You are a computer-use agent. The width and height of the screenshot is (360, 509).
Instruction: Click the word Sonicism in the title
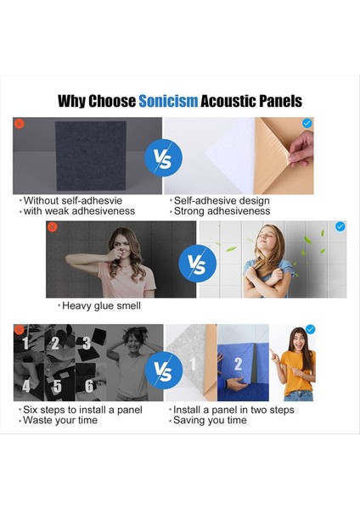pos(168,102)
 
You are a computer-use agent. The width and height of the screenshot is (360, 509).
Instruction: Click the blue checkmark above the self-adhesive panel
pos(307,124)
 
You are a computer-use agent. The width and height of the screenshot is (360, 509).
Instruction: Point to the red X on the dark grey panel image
pos(19,124)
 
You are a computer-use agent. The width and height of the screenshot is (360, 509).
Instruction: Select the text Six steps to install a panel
pos(81,410)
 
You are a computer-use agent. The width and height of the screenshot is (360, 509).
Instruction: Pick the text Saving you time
pos(208,420)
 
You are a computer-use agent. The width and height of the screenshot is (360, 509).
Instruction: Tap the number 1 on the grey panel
pos(192,364)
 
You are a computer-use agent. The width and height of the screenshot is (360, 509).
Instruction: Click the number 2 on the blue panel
pos(239,364)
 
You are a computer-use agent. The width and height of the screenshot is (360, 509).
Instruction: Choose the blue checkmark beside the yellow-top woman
pos(310,329)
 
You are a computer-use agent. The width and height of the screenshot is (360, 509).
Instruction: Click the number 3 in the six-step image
pos(87,343)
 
